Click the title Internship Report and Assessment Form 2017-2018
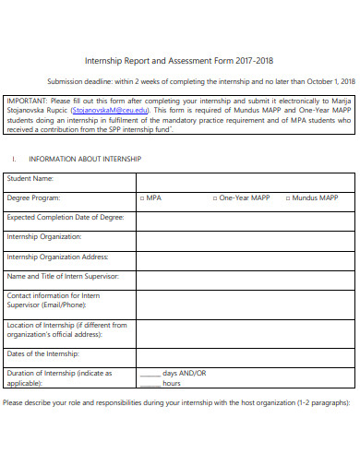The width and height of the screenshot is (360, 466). click(x=179, y=61)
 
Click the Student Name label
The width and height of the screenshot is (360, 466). click(x=30, y=178)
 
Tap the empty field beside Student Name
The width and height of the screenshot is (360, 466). click(x=245, y=178)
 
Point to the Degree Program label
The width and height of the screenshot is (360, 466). click(x=34, y=198)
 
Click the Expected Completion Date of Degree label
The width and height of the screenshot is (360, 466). click(x=65, y=218)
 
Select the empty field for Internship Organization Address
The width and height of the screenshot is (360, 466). click(x=245, y=257)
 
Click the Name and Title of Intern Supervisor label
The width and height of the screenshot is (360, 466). click(x=63, y=276)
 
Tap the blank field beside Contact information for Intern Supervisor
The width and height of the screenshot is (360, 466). click(x=245, y=300)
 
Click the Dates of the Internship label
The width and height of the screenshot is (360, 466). click(x=43, y=353)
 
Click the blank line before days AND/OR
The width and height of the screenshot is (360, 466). click(x=150, y=375)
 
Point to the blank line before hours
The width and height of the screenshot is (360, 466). click(x=150, y=383)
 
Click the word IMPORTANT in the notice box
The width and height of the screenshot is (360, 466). click(x=26, y=101)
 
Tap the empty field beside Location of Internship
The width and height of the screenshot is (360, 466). click(x=245, y=329)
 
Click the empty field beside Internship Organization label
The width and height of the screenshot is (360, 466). click(x=245, y=237)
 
